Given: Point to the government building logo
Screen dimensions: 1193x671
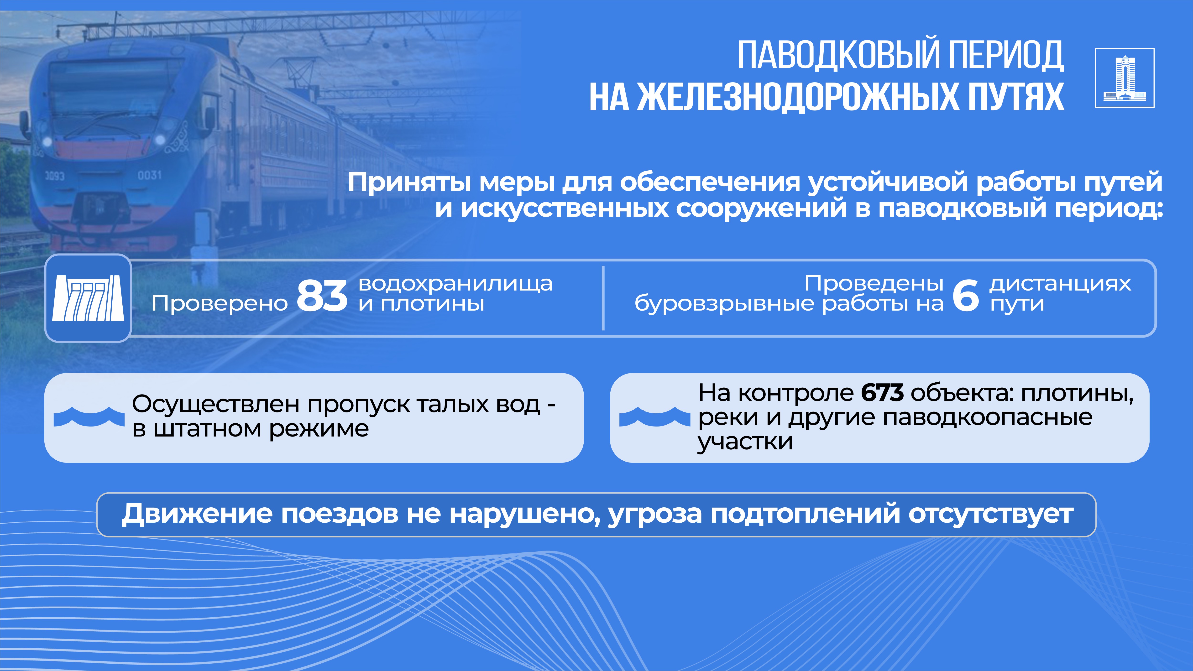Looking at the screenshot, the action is (x=1125, y=78).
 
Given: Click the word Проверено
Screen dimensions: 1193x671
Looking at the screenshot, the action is (x=220, y=304).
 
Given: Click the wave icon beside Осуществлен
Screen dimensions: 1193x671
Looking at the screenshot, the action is (x=89, y=417).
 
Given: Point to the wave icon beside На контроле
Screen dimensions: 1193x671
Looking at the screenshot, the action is (x=654, y=417).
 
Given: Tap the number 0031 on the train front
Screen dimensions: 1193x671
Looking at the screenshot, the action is (x=150, y=175).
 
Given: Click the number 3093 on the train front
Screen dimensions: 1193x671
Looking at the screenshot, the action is (x=55, y=176).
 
